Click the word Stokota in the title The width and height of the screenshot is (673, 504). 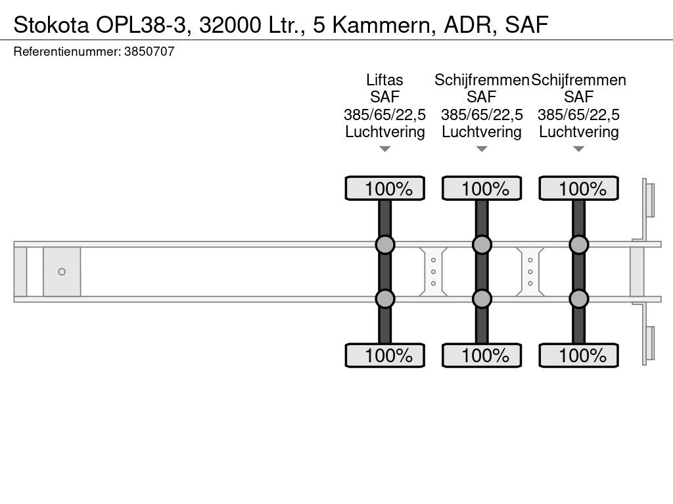click(51, 25)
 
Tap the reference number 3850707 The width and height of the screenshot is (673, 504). click(149, 52)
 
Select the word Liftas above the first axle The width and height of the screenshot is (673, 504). click(384, 80)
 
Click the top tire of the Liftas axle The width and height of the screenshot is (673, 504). click(385, 188)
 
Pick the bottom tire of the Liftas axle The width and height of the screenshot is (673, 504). click(385, 355)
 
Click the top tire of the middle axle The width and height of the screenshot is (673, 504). click(482, 188)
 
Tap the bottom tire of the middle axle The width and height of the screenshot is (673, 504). click(482, 355)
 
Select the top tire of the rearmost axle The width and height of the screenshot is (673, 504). click(578, 188)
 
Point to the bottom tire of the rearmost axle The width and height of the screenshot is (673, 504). click(578, 355)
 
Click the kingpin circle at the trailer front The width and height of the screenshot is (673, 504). click(62, 272)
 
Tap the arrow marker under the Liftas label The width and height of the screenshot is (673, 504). click(385, 149)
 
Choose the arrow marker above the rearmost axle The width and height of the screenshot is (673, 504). click(578, 149)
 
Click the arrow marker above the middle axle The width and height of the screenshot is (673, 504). click(482, 149)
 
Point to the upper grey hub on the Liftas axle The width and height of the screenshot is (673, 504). click(385, 245)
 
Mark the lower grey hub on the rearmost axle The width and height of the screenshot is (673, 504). click(578, 299)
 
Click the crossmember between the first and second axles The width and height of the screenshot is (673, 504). click(434, 272)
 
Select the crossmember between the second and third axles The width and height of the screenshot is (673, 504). click(530, 272)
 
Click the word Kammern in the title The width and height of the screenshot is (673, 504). click(381, 25)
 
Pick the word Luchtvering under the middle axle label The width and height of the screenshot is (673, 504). click(482, 132)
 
